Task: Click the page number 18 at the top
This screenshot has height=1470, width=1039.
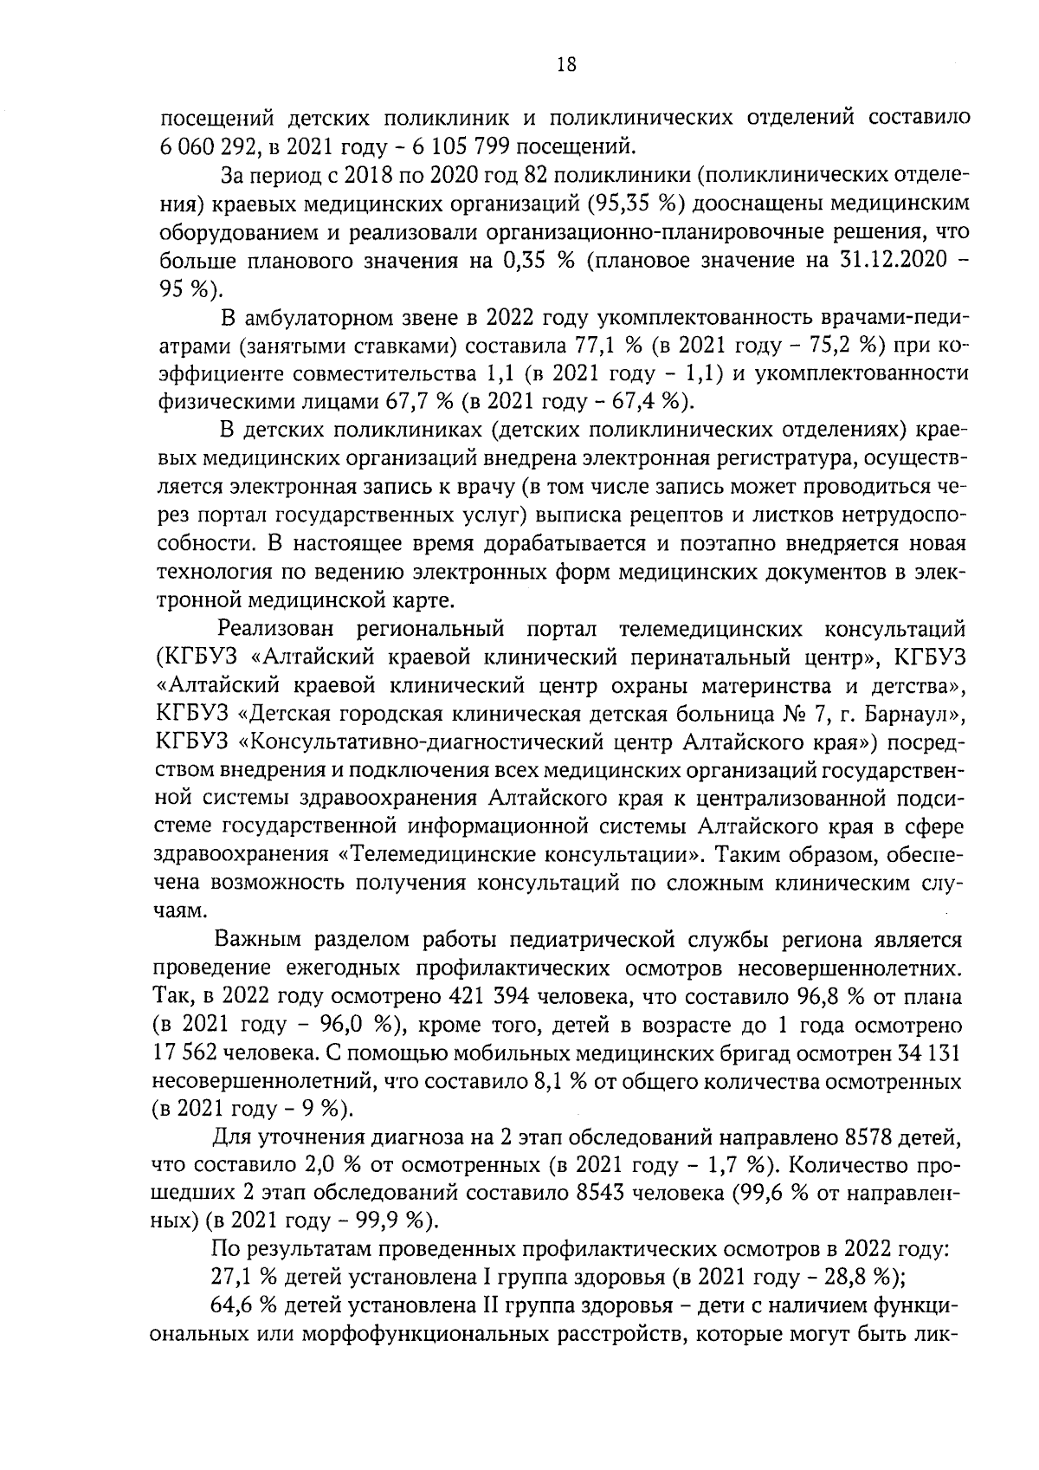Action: (566, 65)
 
